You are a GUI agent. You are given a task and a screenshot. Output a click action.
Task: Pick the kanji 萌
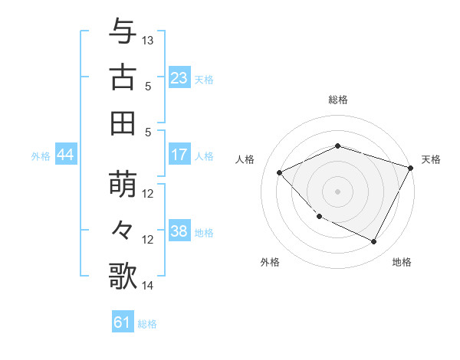click(123, 185)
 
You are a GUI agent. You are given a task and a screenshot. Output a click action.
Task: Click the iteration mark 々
click(123, 231)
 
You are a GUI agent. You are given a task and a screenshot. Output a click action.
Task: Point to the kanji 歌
click(123, 276)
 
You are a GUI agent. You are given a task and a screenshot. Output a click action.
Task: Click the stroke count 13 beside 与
click(149, 40)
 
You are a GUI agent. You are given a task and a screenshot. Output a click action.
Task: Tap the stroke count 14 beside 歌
click(149, 286)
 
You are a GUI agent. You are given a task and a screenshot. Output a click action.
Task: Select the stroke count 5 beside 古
click(148, 86)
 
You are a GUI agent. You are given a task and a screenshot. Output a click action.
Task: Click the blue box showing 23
click(179, 77)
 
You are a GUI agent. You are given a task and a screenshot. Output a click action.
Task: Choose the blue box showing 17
click(179, 155)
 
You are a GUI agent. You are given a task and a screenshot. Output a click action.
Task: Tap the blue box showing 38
click(179, 231)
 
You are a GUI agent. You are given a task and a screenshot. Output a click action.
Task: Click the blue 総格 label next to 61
click(147, 324)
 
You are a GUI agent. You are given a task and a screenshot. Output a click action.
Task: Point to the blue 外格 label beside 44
click(41, 156)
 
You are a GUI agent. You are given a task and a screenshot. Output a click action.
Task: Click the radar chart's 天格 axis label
click(432, 159)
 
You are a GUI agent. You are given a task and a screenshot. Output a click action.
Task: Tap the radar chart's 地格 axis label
click(402, 263)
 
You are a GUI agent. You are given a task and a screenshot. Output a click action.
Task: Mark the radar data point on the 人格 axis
click(280, 172)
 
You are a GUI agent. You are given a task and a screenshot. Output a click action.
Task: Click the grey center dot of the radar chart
click(337, 191)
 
